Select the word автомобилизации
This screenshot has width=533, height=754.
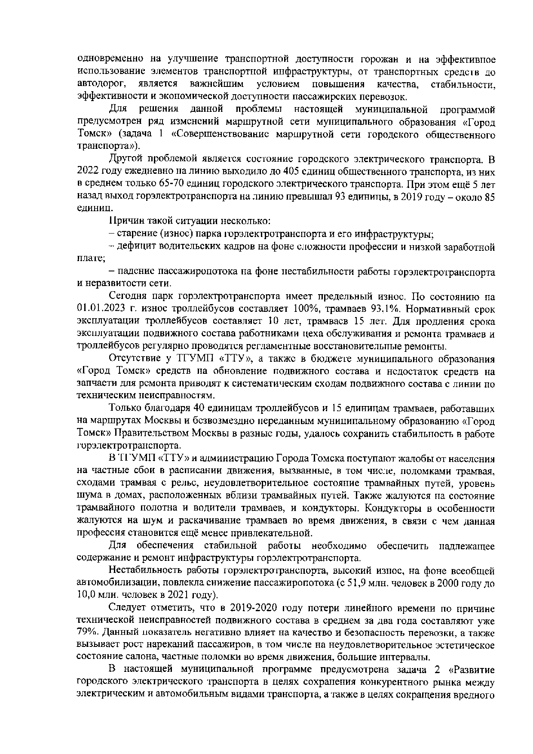[114, 583]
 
